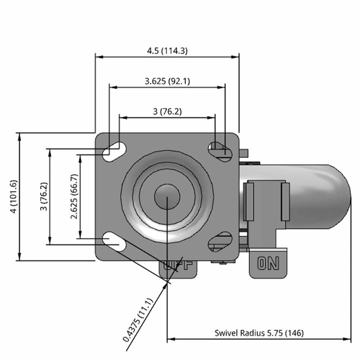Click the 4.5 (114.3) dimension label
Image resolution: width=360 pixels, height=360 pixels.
click(167, 51)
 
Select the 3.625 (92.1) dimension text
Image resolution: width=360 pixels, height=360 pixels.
click(167, 81)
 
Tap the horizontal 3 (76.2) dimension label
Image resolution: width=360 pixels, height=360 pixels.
click(167, 112)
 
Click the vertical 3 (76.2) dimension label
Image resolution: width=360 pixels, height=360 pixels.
click(44, 196)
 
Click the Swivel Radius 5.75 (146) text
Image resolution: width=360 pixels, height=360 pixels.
click(259, 333)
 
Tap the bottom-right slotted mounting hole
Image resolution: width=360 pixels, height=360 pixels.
click(220, 242)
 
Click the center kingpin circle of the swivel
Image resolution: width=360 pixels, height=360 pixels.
click(167, 196)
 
